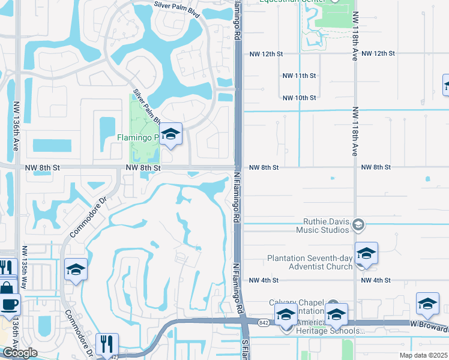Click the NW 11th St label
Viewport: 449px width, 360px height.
point(299,76)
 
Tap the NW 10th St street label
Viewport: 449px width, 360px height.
point(299,98)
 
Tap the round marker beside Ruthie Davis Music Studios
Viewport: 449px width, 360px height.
point(358,225)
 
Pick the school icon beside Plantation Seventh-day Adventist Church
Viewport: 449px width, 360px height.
point(366,254)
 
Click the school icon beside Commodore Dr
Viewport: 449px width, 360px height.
point(76,270)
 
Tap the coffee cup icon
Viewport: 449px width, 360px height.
point(9,305)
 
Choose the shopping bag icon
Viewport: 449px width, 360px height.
point(7,287)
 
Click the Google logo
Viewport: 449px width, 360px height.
point(19,353)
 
